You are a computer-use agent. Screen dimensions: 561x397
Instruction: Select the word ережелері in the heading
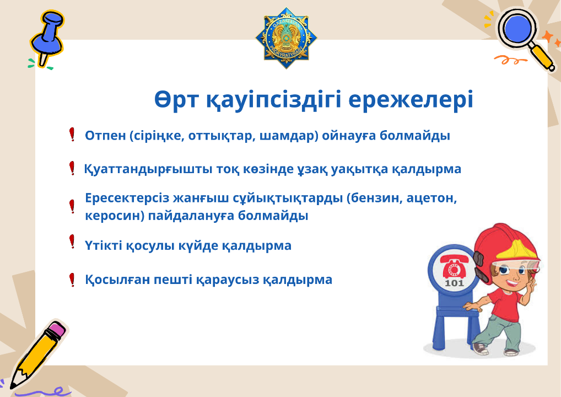click(411, 99)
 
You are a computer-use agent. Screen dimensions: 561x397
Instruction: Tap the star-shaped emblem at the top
click(286, 37)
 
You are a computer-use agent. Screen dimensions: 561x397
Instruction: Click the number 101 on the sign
click(454, 283)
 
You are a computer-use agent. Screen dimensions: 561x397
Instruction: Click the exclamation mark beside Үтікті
click(72, 242)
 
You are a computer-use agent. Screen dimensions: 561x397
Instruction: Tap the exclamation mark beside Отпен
click(72, 134)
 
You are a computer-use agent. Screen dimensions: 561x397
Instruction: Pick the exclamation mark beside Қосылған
click(72, 280)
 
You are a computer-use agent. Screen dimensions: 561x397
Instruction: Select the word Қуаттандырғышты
click(148, 169)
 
